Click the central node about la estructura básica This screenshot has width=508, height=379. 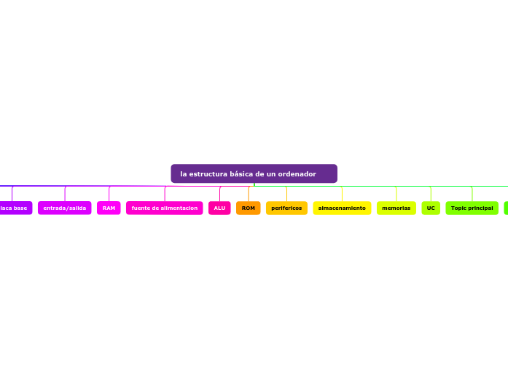click(254, 174)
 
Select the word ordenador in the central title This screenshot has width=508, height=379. click(297, 174)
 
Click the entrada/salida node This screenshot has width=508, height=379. click(65, 208)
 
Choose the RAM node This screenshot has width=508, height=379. click(109, 208)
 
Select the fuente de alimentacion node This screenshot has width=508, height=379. click(165, 208)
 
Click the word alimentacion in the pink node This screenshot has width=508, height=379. click(180, 208)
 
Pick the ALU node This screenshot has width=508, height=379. click(219, 208)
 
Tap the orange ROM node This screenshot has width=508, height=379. click(249, 208)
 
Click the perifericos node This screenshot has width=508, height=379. click(286, 208)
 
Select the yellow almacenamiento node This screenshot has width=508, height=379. click(342, 208)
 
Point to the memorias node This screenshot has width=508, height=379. click(396, 208)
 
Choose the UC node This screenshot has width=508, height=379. click(431, 208)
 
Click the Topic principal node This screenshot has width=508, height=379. click(472, 208)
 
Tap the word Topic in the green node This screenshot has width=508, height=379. click(458, 208)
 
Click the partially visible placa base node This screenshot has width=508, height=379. click(15, 208)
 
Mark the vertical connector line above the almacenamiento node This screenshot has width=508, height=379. click(342, 194)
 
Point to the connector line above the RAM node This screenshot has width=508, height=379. click(109, 194)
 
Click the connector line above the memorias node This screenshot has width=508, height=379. click(396, 194)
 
